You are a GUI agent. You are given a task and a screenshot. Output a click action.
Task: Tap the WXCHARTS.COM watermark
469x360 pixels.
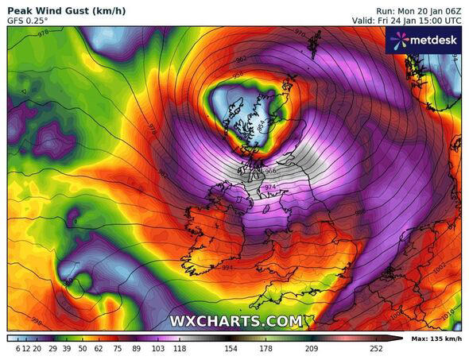point(236,321)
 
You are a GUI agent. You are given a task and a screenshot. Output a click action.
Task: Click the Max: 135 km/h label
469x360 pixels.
point(436,339)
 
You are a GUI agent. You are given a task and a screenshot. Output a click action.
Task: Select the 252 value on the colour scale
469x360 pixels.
point(376,348)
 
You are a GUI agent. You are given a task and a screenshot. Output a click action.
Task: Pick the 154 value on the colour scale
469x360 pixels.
point(231,348)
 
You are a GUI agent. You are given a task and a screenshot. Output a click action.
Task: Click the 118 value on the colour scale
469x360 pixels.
point(180,348)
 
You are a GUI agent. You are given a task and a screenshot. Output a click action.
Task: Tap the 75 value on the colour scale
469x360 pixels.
point(118,348)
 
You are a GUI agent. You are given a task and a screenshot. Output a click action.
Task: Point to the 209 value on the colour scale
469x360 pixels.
point(310,348)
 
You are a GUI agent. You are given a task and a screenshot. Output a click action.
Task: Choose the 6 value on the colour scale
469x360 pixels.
point(17,348)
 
